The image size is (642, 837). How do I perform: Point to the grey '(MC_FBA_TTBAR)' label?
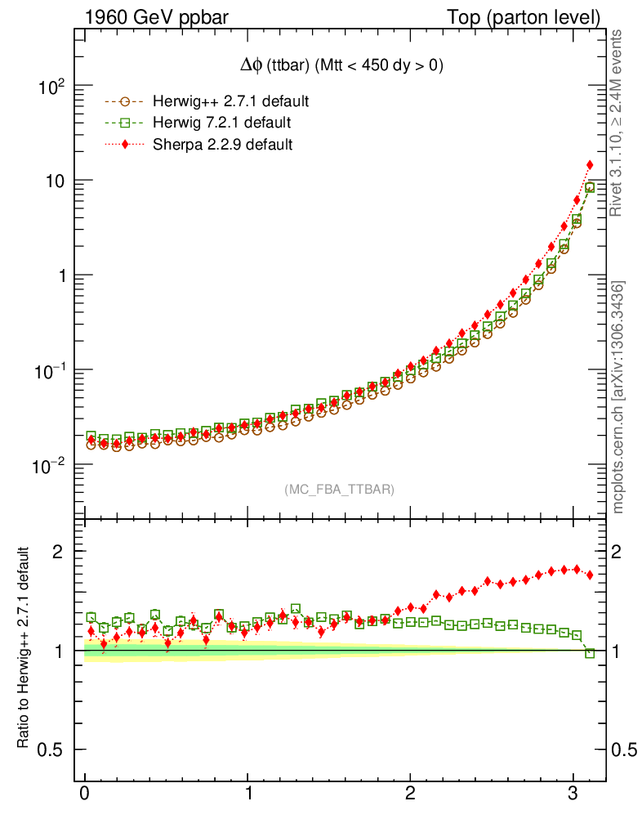click(x=340, y=490)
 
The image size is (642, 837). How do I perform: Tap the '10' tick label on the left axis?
click(x=54, y=181)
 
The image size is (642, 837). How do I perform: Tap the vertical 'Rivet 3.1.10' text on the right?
click(x=617, y=123)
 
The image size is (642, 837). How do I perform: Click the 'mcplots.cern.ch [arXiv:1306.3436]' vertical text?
click(x=618, y=397)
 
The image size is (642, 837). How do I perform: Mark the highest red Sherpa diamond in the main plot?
click(x=590, y=165)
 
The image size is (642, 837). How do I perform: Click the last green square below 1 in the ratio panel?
click(x=590, y=652)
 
